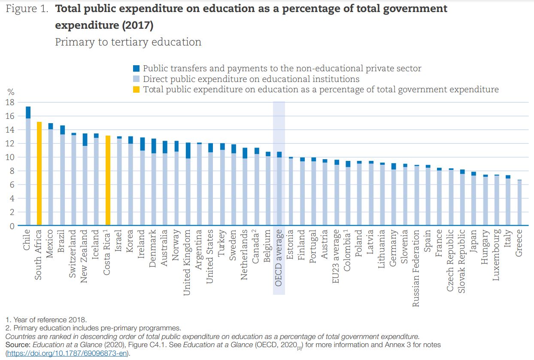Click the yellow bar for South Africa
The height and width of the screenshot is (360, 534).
[x=39, y=174]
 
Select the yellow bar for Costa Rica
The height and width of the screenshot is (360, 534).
[x=108, y=180]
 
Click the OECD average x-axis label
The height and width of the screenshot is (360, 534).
[x=279, y=258]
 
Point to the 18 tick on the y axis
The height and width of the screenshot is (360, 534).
[x=10, y=103]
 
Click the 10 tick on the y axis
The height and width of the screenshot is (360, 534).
[x=10, y=157]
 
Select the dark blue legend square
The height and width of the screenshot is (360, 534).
[x=136, y=68]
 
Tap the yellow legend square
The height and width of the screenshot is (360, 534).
[x=136, y=90]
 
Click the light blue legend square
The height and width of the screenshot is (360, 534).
[x=136, y=79]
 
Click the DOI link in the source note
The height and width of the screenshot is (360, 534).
[x=67, y=354]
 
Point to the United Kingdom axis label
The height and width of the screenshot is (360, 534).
[x=187, y=263]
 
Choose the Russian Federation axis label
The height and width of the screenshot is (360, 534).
[x=416, y=268]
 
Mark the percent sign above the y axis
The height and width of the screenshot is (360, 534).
[x=11, y=92]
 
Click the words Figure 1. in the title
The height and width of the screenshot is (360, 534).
[x=27, y=9]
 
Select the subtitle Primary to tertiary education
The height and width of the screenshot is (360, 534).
[x=128, y=42]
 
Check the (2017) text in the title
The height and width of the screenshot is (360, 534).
[x=138, y=25]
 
